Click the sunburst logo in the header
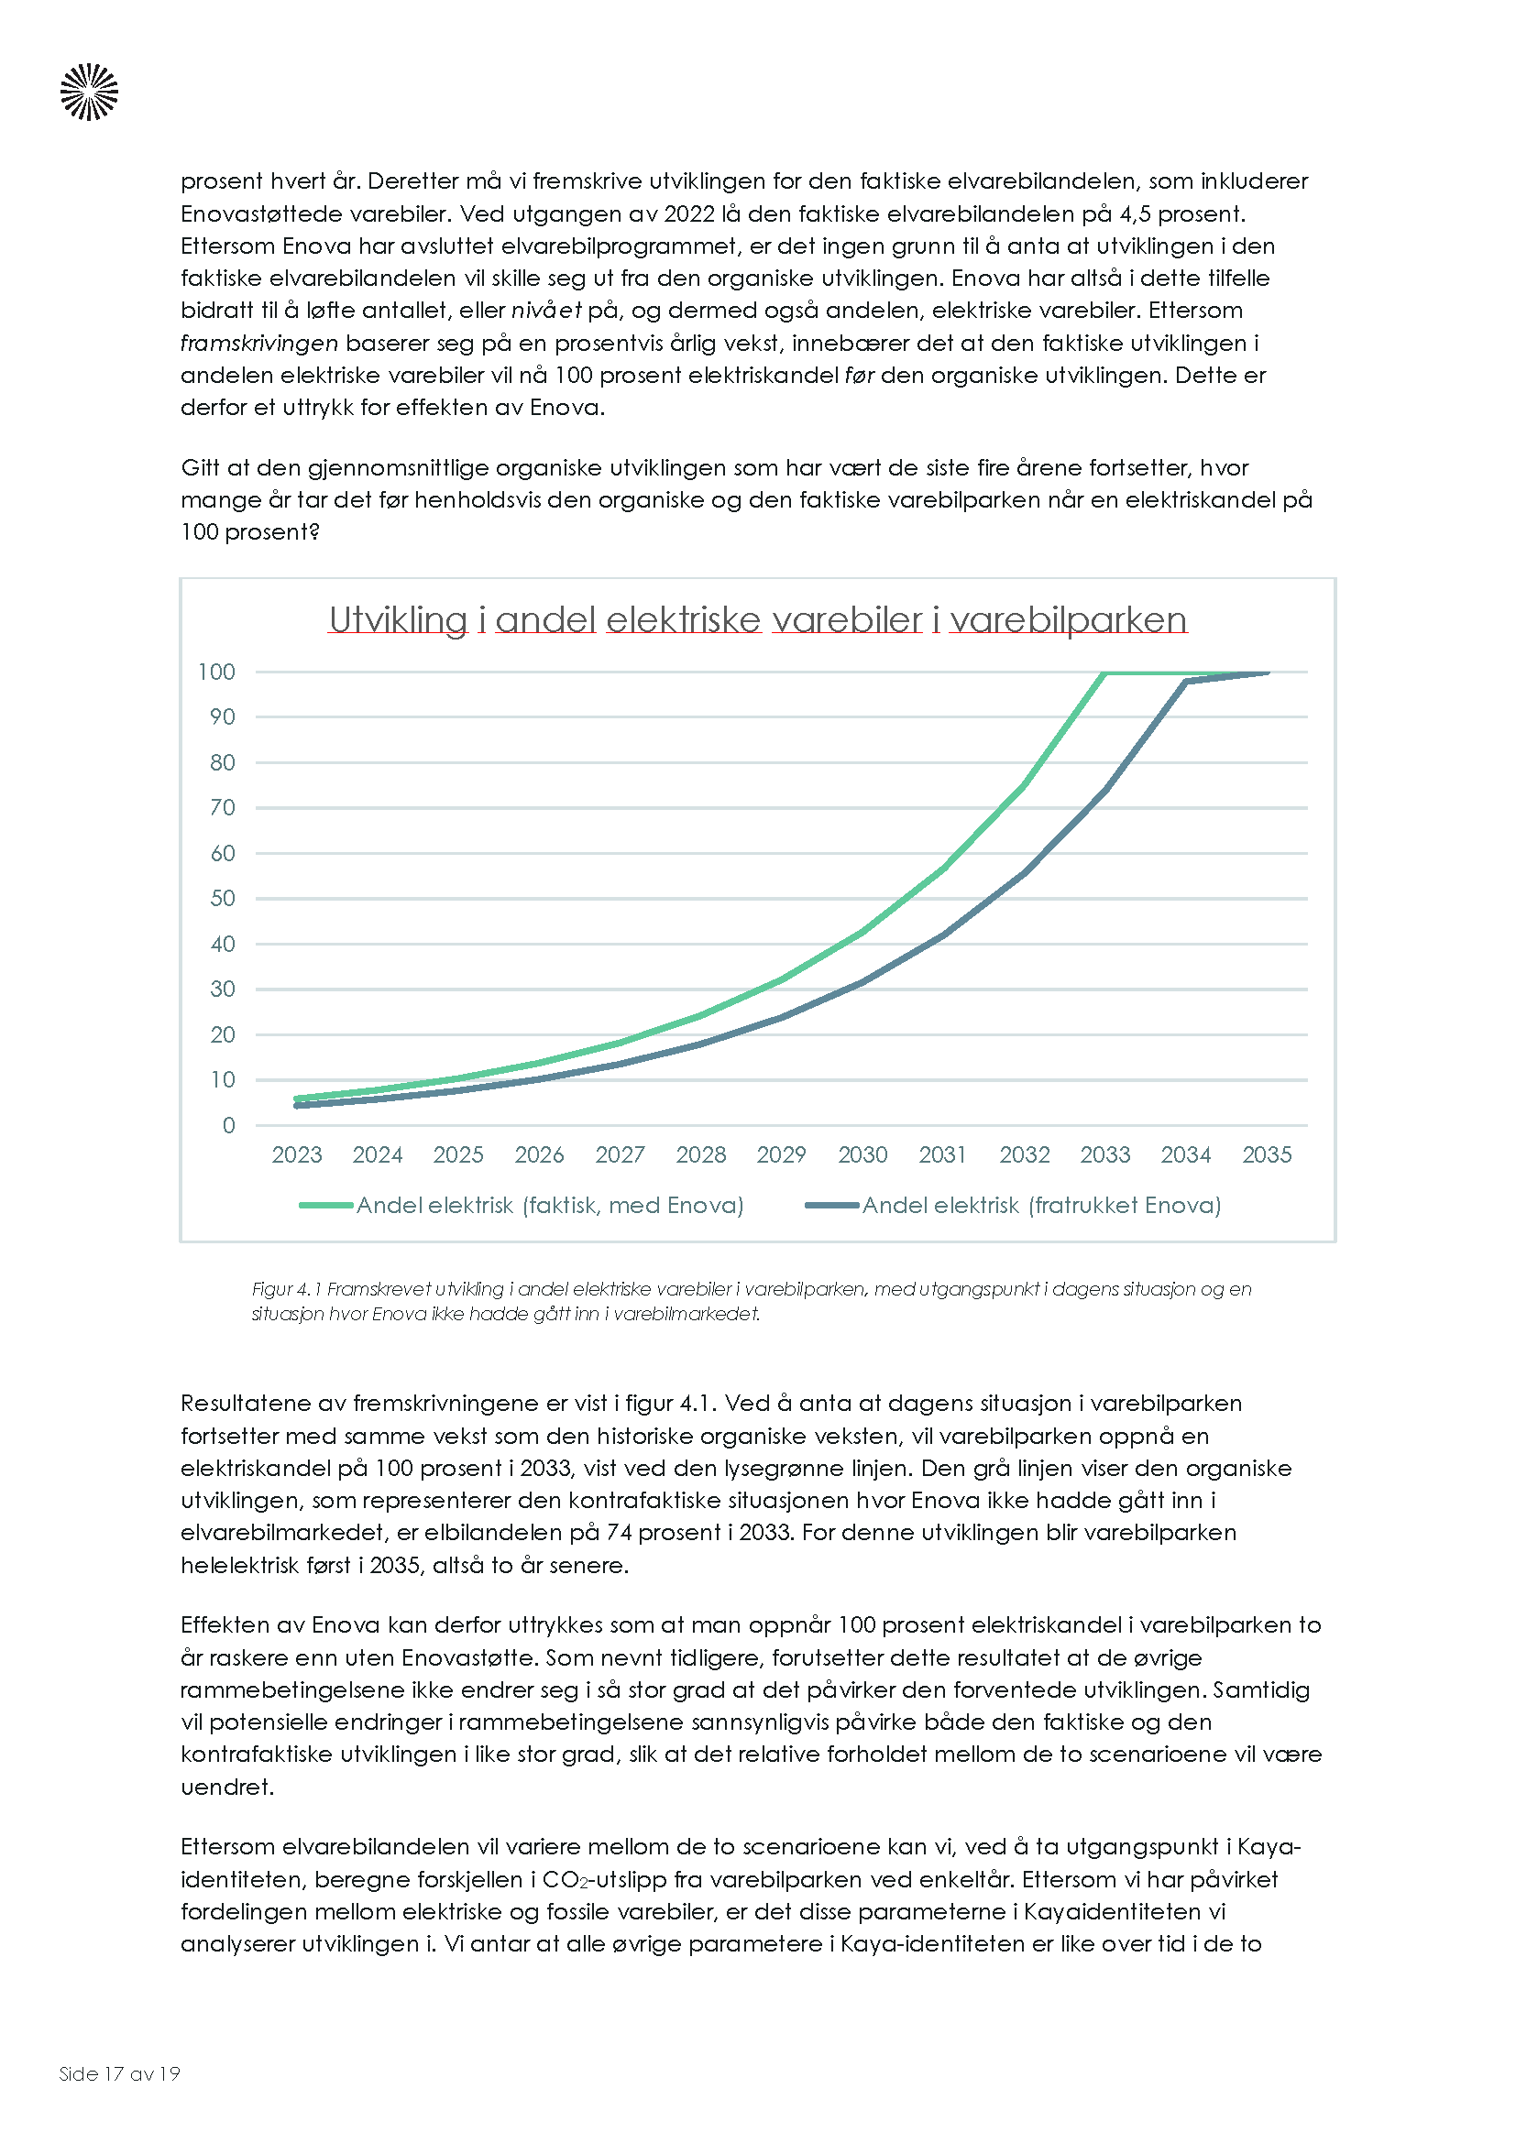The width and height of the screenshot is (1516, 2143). click(x=90, y=93)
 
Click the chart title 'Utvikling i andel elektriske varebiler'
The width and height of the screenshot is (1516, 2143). click(x=757, y=619)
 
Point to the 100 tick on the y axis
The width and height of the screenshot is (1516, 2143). click(x=216, y=672)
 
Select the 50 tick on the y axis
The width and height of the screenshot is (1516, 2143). click(x=222, y=898)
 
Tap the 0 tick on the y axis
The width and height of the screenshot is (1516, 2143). click(x=229, y=1125)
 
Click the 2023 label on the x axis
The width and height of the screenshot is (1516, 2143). click(x=297, y=1154)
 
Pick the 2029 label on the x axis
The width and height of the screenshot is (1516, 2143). click(x=781, y=1154)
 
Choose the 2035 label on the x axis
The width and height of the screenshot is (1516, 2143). click(x=1267, y=1154)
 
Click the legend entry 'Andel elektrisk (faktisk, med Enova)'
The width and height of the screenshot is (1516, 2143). click(x=549, y=1205)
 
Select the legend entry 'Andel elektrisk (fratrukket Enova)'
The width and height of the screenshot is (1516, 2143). click(x=1041, y=1205)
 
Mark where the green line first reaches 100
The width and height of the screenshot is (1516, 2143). click(x=1105, y=672)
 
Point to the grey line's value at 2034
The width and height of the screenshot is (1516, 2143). click(x=1186, y=682)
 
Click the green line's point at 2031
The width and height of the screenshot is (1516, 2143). click(x=944, y=867)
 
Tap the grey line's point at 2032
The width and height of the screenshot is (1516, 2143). click(x=1025, y=873)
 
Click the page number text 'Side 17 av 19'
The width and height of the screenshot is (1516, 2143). click(x=119, y=2073)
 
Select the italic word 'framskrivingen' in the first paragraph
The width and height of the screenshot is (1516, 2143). click(x=258, y=343)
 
